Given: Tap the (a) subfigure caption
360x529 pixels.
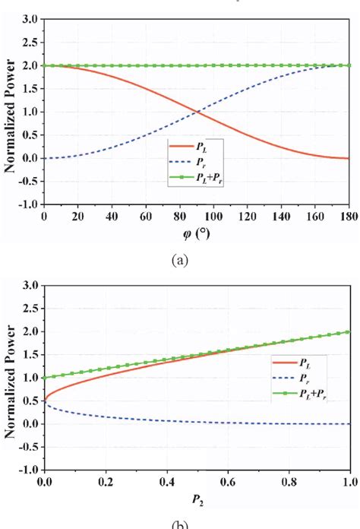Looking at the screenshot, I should [180, 260].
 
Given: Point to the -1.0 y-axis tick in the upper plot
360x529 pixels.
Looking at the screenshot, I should [28, 204].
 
